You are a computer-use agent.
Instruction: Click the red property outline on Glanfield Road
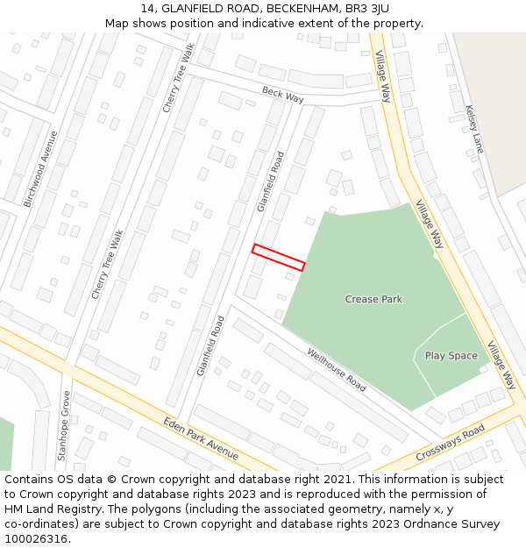[x=279, y=257]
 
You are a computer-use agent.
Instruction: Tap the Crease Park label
[x=373, y=299]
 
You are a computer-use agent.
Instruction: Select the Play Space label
[x=451, y=355]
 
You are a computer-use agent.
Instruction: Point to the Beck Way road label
[x=282, y=95]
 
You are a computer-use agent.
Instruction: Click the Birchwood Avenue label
[x=41, y=169]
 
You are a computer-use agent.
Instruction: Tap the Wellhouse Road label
[x=337, y=369]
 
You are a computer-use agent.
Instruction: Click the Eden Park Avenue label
[x=201, y=438]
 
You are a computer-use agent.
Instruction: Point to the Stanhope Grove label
[x=63, y=426]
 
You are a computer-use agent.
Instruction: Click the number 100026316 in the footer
[x=36, y=539]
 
